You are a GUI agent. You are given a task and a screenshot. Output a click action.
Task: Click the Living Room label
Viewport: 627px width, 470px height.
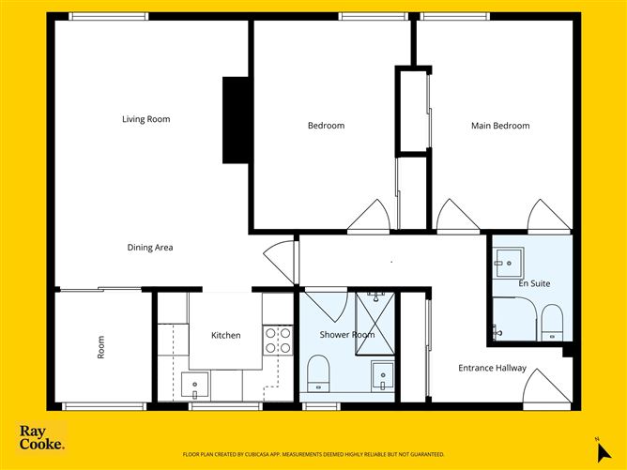pos(145,119)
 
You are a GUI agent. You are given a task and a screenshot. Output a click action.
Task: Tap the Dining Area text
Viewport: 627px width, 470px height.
pos(150,248)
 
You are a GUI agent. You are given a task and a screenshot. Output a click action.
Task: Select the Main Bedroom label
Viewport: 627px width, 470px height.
pos(500,126)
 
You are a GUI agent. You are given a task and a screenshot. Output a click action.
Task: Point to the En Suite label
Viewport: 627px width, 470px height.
pos(534,282)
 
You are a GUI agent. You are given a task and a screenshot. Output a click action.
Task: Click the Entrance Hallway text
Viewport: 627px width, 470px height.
pos(492,368)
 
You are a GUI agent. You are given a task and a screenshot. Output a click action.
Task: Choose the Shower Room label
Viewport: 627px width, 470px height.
pos(346,335)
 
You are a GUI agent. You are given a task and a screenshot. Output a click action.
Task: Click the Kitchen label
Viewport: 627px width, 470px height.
pos(225,335)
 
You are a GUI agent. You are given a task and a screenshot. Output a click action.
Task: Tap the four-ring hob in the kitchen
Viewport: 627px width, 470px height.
pos(277,340)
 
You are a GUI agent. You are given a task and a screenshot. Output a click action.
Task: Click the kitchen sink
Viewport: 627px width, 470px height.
pos(196,383)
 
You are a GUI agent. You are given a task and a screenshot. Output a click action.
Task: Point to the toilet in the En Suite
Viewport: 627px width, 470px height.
pos(551,323)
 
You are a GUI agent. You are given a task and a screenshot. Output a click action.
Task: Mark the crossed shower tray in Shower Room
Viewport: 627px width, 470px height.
pos(375,324)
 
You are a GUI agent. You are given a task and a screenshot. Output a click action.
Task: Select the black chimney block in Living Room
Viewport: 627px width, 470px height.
pos(234,120)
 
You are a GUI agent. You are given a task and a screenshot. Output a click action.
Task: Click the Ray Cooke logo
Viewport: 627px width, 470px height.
pos(42,437)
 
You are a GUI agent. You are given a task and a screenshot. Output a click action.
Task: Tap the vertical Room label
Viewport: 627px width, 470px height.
pos(101,347)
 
